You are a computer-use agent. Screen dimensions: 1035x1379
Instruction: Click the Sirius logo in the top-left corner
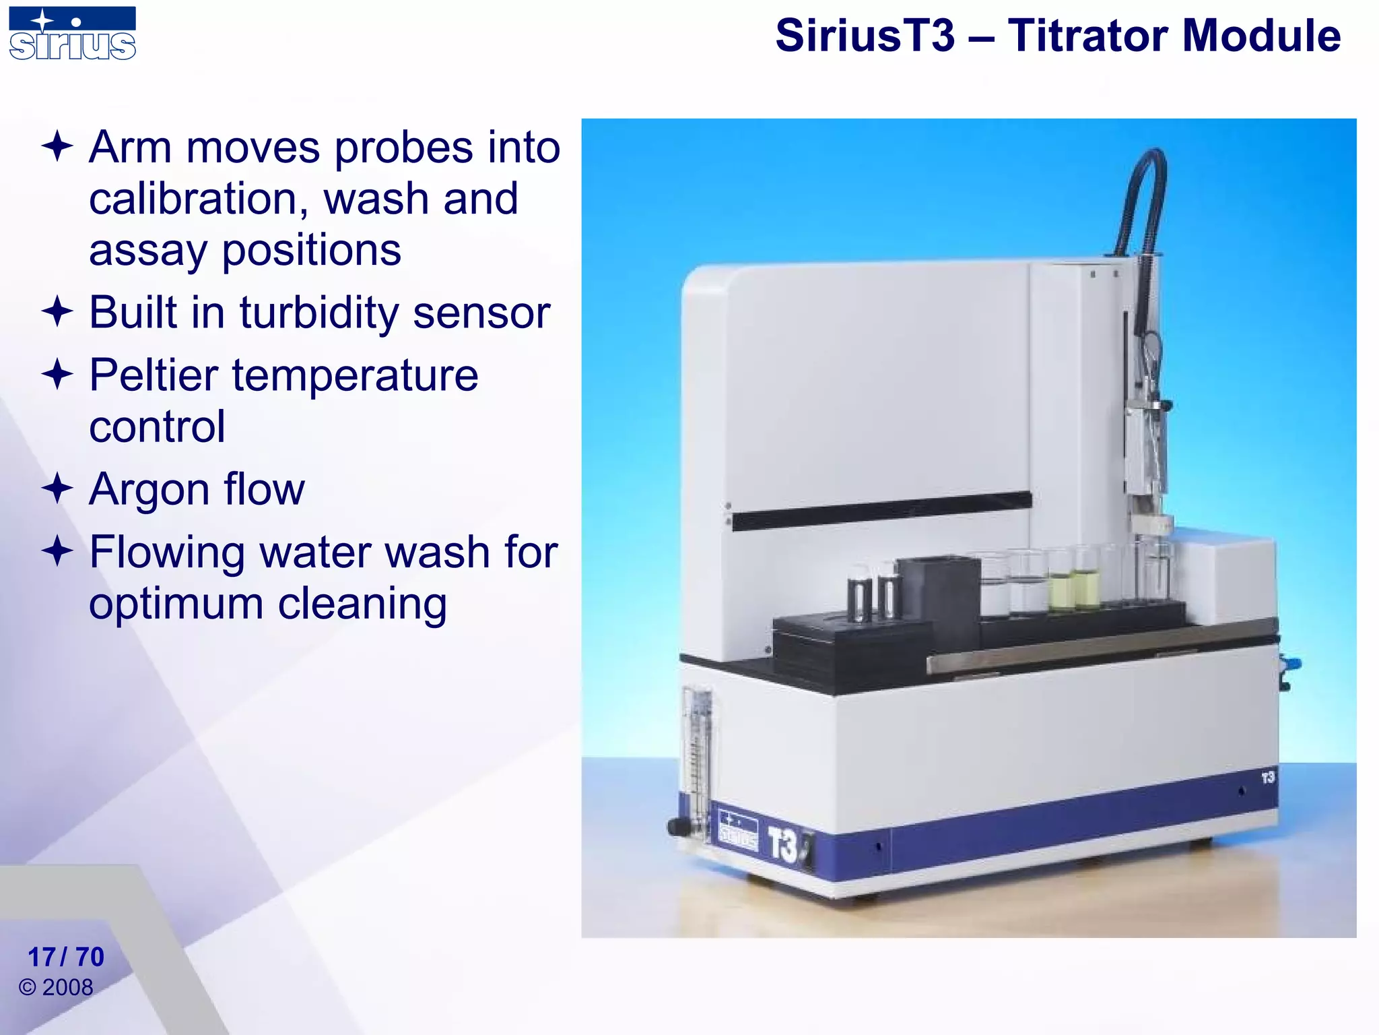72,34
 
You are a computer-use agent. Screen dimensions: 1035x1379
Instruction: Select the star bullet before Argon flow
57,489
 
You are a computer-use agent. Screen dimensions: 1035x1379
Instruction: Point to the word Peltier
154,375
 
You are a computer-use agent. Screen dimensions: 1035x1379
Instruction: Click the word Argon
149,490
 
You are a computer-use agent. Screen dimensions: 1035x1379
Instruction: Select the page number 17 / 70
65,957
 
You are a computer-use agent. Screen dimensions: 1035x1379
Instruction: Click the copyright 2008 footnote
57,987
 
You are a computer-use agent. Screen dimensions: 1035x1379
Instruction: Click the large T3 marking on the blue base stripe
783,845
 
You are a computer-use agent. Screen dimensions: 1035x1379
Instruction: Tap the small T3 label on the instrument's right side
1268,778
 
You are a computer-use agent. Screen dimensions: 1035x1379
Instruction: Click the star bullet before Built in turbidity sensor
57,312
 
